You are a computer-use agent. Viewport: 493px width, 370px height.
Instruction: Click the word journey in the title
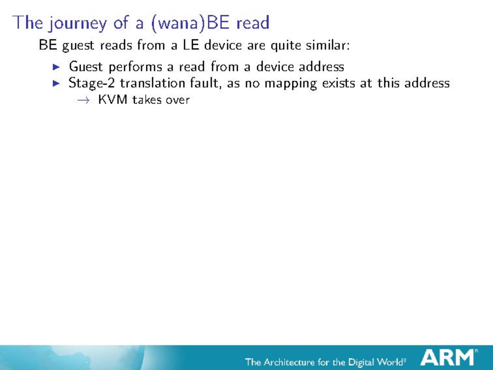click(77, 23)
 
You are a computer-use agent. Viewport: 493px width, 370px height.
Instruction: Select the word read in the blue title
click(253, 23)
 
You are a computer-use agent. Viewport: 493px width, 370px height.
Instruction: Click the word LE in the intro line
click(191, 45)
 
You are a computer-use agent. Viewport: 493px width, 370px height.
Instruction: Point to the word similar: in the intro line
click(328, 45)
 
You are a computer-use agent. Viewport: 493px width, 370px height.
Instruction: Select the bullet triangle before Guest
click(56, 67)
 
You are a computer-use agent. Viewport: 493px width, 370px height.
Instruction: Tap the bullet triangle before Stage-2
click(56, 83)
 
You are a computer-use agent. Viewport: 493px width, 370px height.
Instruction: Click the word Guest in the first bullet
click(86, 66)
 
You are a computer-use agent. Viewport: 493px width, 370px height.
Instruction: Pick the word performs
click(135, 67)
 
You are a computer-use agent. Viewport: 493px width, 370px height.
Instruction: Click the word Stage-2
click(92, 83)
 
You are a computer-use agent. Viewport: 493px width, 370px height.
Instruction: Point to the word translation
click(152, 83)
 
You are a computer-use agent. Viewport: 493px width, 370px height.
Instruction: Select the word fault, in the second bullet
click(206, 83)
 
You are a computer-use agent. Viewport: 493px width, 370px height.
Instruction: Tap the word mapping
click(291, 84)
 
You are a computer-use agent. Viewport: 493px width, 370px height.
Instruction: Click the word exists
click(339, 83)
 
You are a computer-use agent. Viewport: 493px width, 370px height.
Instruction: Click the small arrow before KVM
click(83, 100)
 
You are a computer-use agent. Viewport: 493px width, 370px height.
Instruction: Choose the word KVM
click(113, 99)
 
